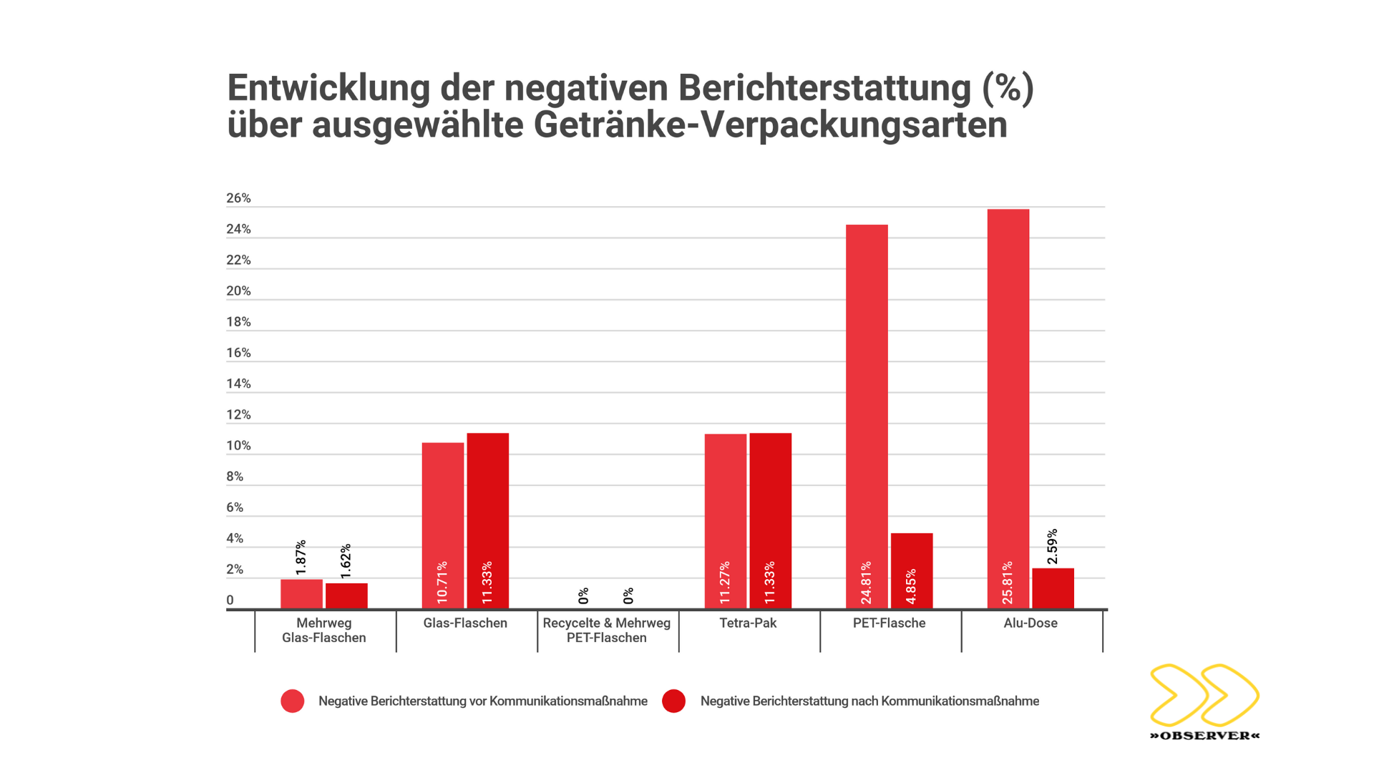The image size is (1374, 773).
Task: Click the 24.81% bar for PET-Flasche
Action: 867,415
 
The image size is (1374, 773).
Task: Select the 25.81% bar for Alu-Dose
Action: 1008,408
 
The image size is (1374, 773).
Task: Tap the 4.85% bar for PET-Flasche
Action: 912,570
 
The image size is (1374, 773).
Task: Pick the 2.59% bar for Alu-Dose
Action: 1053,588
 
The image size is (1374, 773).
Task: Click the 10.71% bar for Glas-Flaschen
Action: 442,525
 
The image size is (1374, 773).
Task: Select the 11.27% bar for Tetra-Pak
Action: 725,521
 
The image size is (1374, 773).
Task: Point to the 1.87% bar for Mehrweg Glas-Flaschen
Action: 301,594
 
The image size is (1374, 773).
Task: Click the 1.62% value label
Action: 346,561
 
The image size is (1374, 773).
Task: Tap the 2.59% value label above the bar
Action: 1052,547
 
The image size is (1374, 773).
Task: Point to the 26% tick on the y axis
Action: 238,198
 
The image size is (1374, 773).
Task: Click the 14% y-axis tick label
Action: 238,384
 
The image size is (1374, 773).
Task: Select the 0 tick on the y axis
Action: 230,601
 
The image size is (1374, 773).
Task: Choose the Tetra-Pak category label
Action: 748,623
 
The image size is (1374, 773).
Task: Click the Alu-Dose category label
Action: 1030,623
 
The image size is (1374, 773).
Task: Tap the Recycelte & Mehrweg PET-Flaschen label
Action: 607,631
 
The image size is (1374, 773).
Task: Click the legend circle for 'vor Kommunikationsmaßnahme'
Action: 293,701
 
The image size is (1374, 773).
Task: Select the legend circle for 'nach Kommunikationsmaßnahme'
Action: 673,701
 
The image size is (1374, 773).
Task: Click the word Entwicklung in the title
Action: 328,88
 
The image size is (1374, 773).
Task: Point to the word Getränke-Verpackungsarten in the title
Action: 770,125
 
